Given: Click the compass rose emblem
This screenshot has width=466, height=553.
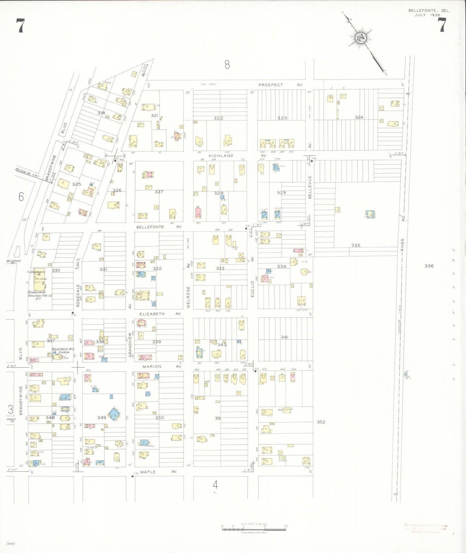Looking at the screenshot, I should tap(360, 38).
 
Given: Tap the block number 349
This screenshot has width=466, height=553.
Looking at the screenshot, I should tap(102, 417).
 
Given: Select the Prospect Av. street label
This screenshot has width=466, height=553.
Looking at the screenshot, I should tap(280, 85).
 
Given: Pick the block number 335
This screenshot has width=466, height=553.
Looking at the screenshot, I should tap(356, 246).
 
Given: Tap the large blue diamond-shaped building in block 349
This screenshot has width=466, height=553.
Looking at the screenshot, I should tap(114, 414).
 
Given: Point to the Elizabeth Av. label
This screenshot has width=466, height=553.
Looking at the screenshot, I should tap(160, 314).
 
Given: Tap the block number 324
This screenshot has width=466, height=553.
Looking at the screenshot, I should tap(359, 117).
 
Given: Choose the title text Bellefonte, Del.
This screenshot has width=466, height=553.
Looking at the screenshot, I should tap(429, 11).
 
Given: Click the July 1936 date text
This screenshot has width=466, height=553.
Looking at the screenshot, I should tap(427, 15).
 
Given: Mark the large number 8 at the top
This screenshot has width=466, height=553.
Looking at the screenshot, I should tap(227, 65).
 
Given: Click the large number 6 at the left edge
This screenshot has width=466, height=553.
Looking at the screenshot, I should tap(21, 196).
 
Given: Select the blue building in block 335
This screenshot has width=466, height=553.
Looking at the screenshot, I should tap(370, 214).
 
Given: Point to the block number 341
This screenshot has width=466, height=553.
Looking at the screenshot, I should tap(284, 337).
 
